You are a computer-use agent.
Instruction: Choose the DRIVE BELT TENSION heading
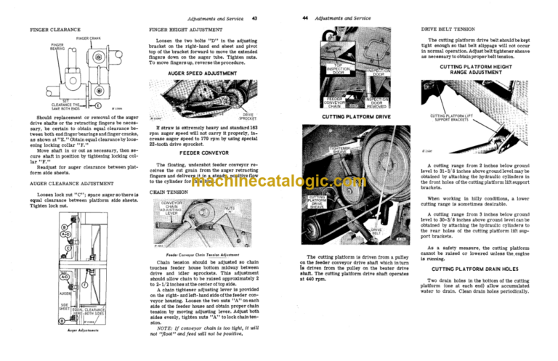click(x=472, y=30)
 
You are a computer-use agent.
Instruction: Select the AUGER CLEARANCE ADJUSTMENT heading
click(x=70, y=184)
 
